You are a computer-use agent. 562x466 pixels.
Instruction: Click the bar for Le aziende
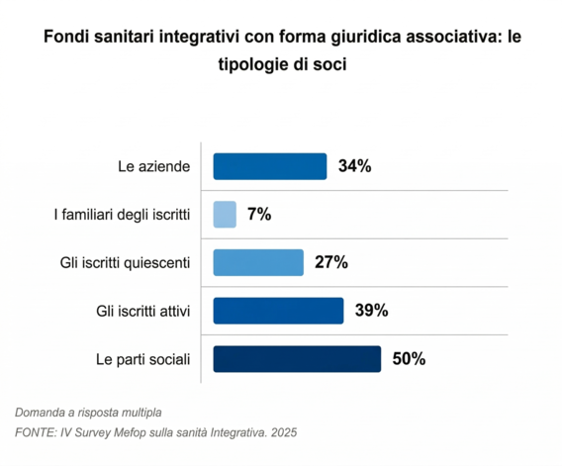click(270, 166)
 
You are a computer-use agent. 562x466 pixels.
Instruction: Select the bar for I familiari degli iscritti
click(226, 214)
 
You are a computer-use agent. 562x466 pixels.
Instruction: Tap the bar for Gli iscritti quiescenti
click(258, 262)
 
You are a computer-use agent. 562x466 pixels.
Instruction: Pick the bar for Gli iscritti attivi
click(279, 311)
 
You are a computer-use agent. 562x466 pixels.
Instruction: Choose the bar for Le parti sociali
click(297, 358)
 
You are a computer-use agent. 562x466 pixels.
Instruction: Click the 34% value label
click(354, 166)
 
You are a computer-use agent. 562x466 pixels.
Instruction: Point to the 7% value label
click(259, 214)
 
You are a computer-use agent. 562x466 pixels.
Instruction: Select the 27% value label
click(331, 262)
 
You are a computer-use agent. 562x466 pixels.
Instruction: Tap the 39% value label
click(371, 311)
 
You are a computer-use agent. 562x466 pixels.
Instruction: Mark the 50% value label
click(409, 358)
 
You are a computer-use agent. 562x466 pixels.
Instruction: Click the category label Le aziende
click(154, 166)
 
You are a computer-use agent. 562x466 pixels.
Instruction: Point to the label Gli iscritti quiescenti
click(125, 263)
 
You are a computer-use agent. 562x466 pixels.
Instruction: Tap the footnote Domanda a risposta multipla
click(88, 412)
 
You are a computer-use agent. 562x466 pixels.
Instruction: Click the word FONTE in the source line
click(36, 432)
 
